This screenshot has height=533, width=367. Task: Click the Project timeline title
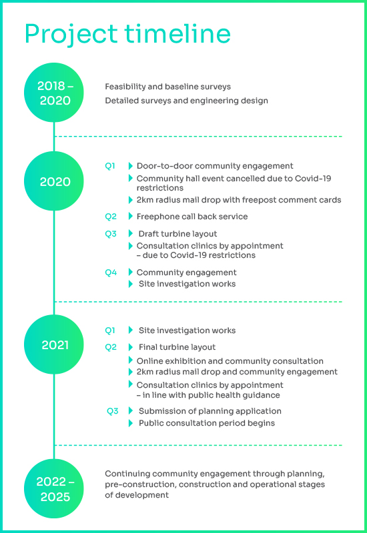click(x=127, y=35)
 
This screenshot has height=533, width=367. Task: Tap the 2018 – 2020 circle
click(x=54, y=93)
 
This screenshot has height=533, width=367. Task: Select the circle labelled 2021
click(x=54, y=344)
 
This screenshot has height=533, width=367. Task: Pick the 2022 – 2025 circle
click(x=54, y=488)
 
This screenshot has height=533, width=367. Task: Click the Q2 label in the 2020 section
click(x=111, y=217)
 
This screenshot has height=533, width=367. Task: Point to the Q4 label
click(x=111, y=272)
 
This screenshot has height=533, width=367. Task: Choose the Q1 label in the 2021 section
click(x=110, y=330)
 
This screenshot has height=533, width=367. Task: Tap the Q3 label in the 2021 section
click(x=112, y=411)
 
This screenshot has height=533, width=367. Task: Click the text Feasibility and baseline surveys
click(x=168, y=87)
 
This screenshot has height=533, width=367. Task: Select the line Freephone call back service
click(x=192, y=217)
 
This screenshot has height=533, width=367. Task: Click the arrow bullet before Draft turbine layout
click(x=130, y=234)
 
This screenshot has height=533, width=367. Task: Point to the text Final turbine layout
click(x=177, y=347)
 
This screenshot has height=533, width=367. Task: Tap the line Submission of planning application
click(x=210, y=411)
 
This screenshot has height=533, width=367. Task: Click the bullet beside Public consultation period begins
click(x=130, y=423)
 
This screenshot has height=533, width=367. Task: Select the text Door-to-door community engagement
click(x=215, y=166)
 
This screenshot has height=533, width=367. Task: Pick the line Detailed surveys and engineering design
click(x=186, y=101)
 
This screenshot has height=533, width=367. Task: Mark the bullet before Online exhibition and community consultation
click(x=130, y=360)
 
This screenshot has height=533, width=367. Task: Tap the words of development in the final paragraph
click(x=137, y=495)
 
